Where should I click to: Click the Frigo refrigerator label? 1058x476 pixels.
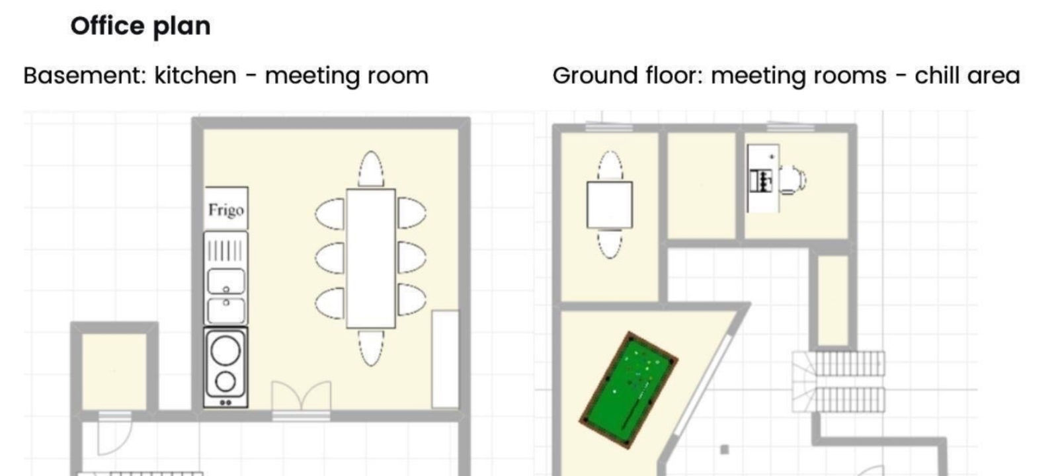coord(226,210)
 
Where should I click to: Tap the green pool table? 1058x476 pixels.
coord(629,390)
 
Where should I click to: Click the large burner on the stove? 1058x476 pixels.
coord(225,351)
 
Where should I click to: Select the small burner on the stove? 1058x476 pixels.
coord(225,381)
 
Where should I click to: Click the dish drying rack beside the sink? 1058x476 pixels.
coord(225,251)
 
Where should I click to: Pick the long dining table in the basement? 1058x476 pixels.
coord(371,258)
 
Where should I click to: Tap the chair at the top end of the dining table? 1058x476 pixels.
coord(371,169)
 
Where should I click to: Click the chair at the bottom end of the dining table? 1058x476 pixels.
coord(371,348)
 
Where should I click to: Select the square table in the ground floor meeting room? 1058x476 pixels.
coord(610,205)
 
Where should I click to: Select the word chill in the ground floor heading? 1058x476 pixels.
coord(937,75)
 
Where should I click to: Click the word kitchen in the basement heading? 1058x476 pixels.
coord(195,75)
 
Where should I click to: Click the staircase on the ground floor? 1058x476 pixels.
coord(838,381)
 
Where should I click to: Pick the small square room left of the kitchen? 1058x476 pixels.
coord(114,372)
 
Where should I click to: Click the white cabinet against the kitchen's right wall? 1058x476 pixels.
coord(446,359)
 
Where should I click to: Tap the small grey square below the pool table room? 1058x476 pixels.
coord(725,450)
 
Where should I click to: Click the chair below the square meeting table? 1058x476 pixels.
coord(610,245)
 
